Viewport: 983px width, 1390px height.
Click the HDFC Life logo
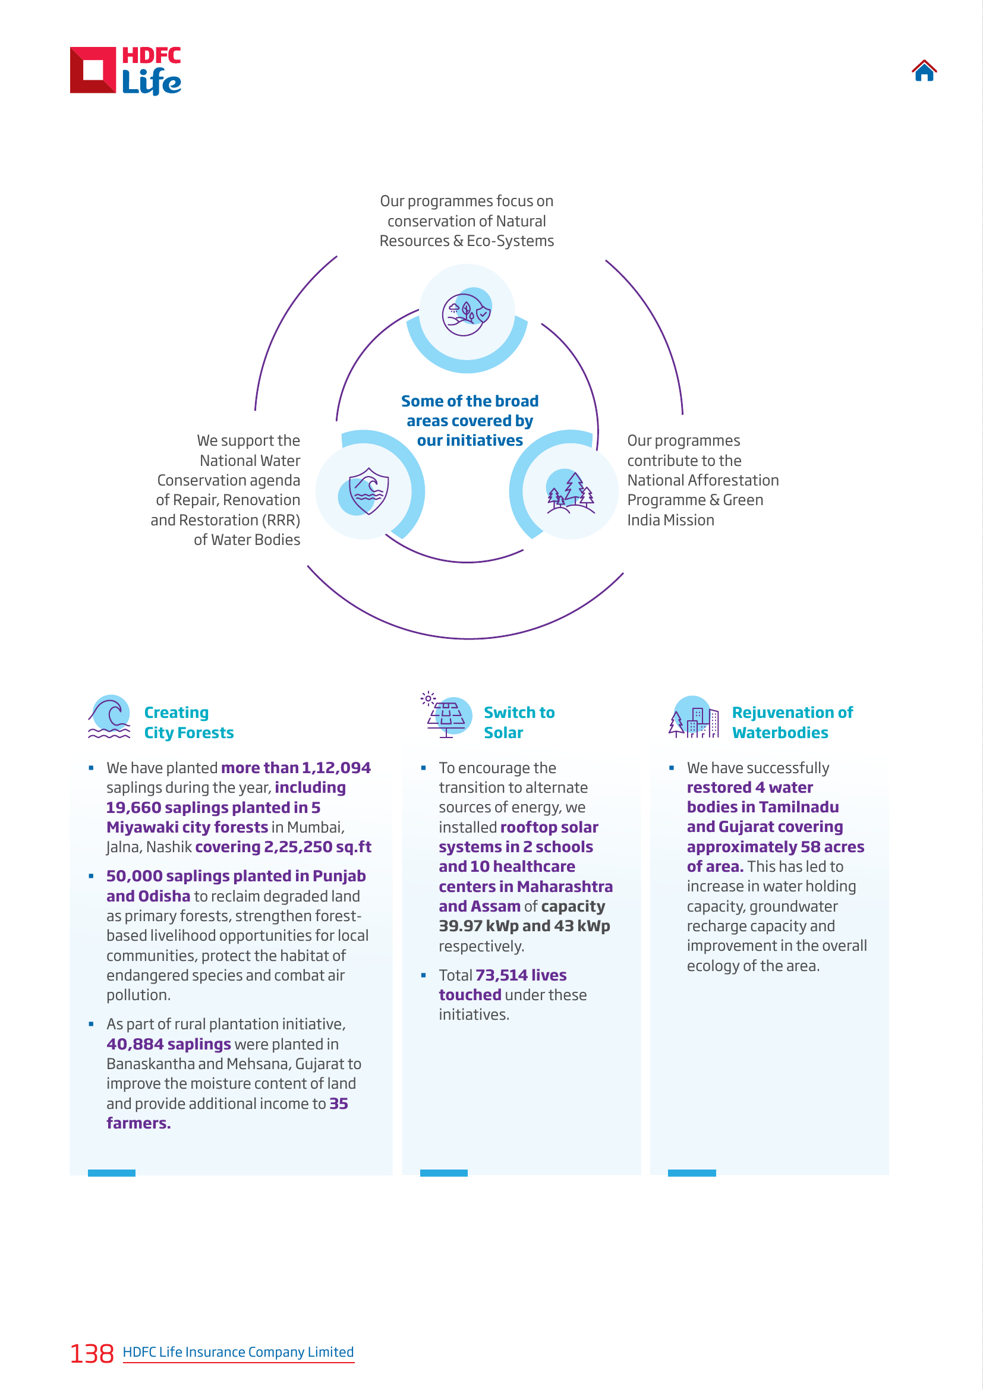click(x=125, y=71)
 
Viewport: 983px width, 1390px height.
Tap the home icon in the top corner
click(x=924, y=70)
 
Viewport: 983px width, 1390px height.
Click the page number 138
click(x=92, y=1354)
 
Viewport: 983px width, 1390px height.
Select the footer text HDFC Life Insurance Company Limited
click(x=238, y=1352)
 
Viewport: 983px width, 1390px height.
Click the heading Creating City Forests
click(x=189, y=722)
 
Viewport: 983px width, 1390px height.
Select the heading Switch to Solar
click(x=519, y=722)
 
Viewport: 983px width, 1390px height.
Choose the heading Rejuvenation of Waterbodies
click(x=792, y=722)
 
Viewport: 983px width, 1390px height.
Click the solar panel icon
click(x=446, y=715)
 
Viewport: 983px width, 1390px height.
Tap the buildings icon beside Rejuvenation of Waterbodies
click(x=694, y=717)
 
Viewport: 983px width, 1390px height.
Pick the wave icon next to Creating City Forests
click(x=109, y=717)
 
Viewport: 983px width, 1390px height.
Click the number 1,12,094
click(x=336, y=768)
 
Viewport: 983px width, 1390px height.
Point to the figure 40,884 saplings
click(x=169, y=1044)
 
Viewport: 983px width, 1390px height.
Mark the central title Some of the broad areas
click(x=470, y=411)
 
